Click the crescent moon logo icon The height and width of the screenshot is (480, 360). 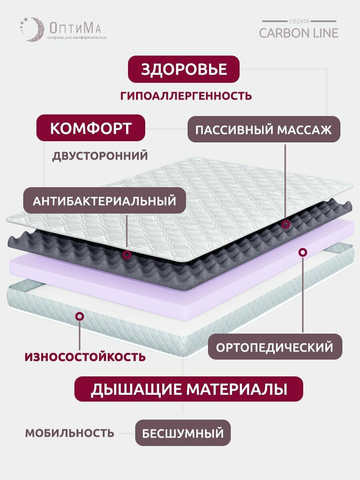click(31, 29)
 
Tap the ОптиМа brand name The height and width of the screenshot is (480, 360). click(75, 28)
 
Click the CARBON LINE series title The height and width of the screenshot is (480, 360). click(298, 32)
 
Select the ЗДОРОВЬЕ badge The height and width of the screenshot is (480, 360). click(184, 69)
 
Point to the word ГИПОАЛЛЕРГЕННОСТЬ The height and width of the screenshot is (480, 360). click(186, 96)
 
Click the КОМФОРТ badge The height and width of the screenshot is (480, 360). click(90, 128)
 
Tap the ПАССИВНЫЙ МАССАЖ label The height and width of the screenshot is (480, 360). click(264, 130)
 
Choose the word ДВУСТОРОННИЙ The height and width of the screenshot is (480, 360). click(100, 156)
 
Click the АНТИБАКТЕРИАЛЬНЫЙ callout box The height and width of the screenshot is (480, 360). click(104, 201)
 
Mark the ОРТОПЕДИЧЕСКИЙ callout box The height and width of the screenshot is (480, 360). click(275, 347)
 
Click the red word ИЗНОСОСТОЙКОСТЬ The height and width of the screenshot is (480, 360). click(85, 356)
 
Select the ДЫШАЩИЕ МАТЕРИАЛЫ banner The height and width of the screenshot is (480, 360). click(189, 389)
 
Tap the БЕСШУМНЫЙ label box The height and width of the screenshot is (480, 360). click(183, 433)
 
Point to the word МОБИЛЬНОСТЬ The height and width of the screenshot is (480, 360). click(70, 433)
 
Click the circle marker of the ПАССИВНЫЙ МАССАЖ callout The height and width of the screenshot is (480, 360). click(285, 224)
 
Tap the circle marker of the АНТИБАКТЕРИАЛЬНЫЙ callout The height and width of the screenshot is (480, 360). click(127, 254)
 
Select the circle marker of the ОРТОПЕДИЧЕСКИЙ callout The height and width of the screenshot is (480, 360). click(303, 252)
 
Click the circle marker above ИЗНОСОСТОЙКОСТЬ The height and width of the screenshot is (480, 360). click(80, 316)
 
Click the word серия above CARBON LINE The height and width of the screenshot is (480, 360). click(298, 21)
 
